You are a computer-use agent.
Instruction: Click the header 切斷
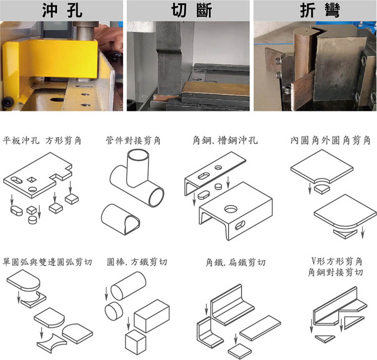click(x=187, y=10)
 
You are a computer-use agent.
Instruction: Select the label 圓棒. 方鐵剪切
click(x=137, y=262)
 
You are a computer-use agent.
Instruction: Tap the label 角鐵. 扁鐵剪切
click(x=235, y=262)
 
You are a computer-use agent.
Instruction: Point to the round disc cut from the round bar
click(x=113, y=310)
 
